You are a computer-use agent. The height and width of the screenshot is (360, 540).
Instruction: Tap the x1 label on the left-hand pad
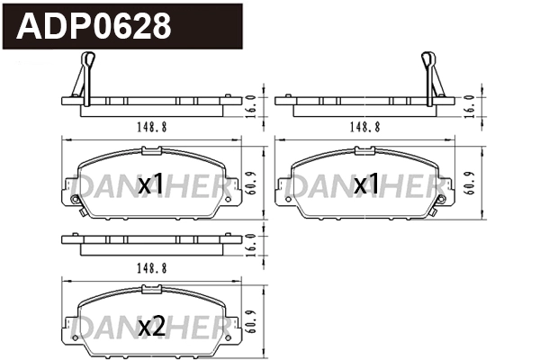152,184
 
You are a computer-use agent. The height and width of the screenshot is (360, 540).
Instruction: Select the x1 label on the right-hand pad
365,184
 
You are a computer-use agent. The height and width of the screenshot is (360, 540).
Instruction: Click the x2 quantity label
152,327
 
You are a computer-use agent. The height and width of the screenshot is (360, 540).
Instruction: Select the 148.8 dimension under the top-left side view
151,127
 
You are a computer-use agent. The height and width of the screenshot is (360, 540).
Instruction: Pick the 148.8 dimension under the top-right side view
364,127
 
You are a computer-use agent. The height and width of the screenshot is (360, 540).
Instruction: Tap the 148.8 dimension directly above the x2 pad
151,268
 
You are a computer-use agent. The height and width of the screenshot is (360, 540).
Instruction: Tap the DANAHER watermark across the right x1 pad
364,185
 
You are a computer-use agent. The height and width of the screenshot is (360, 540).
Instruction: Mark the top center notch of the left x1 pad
151,151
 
